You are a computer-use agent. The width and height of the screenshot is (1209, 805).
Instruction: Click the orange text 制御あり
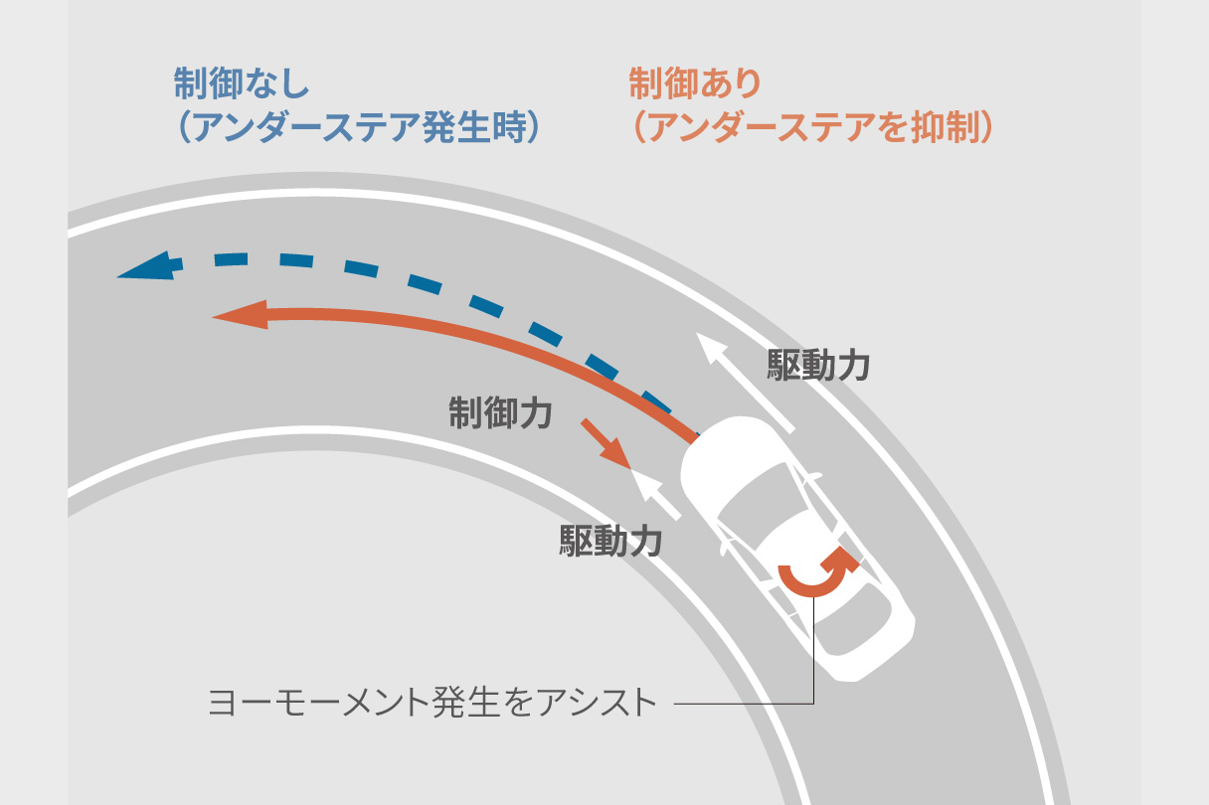[x=694, y=82]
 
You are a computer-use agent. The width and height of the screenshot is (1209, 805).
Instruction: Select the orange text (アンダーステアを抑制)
[x=811, y=128]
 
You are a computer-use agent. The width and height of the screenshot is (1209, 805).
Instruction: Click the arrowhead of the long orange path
[x=237, y=316]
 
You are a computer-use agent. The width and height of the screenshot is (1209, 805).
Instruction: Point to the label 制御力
[x=499, y=412]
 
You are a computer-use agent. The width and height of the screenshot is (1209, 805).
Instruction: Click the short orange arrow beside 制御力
[x=605, y=443]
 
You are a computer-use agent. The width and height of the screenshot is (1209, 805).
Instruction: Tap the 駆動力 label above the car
[x=818, y=366]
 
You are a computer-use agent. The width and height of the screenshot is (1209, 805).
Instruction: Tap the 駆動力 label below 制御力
[x=610, y=542]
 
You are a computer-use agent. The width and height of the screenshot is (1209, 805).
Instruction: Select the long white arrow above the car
[x=745, y=384]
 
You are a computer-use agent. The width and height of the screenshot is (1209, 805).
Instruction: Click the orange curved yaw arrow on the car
[x=817, y=573]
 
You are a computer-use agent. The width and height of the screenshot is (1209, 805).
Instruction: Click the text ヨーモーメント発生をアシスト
[x=432, y=703]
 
